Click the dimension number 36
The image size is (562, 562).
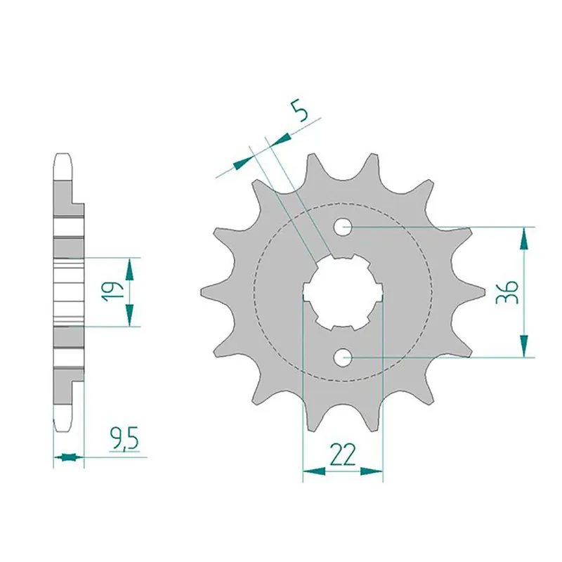[507, 292]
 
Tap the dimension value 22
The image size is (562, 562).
[343, 455]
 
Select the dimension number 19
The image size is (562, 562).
[111, 292]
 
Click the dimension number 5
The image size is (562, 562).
[301, 111]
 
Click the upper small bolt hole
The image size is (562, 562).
[343, 227]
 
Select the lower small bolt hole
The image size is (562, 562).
[343, 358]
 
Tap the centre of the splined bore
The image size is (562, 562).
[343, 292]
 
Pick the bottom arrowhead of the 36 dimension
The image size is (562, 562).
[524, 346]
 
